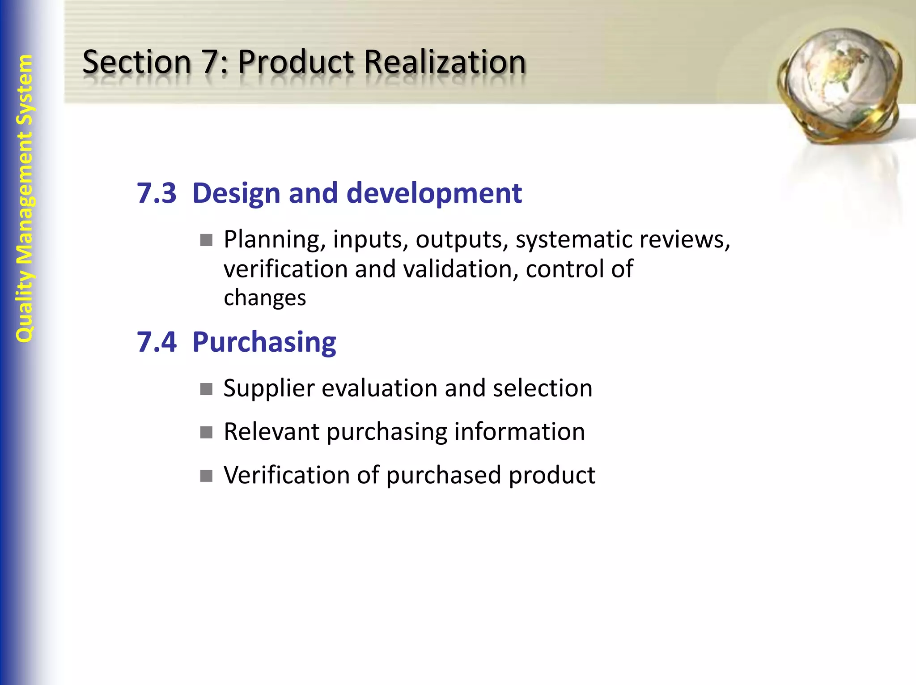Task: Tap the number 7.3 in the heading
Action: [x=157, y=193]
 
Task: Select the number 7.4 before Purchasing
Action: [x=157, y=342]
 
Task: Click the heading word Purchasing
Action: [x=264, y=342]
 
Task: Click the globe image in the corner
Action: [x=839, y=85]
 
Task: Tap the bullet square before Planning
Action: [x=206, y=240]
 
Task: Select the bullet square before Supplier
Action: [x=206, y=389]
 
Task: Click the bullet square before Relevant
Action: [x=206, y=432]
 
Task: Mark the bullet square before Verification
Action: [x=206, y=476]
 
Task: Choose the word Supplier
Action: [x=269, y=388]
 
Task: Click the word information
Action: [x=519, y=432]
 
